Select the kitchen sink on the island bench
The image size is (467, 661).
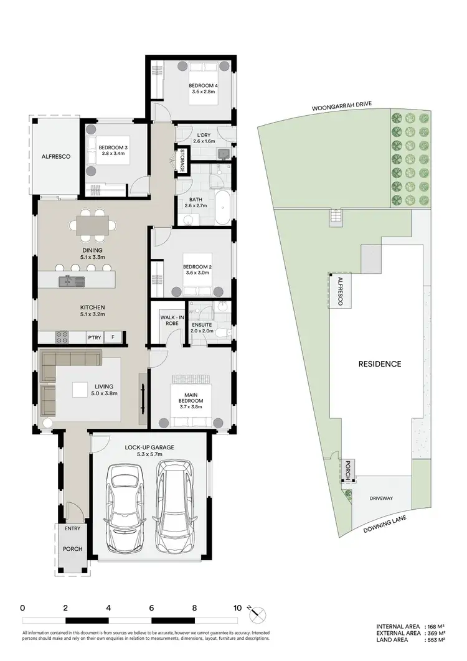(67, 281)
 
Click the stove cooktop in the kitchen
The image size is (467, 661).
(62, 338)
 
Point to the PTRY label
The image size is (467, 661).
(93, 338)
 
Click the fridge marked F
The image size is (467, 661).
(113, 338)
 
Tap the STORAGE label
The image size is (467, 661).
(182, 160)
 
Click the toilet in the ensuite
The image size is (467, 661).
(227, 334)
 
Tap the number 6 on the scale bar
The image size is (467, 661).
(151, 608)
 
